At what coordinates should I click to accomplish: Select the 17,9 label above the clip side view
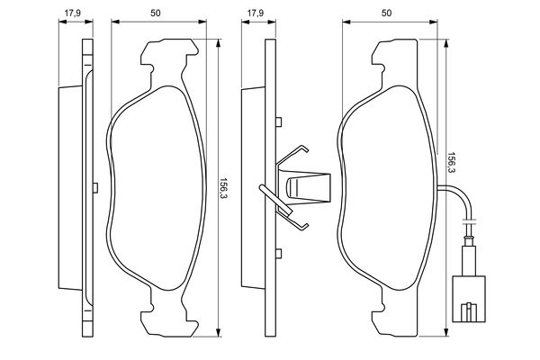pyautogui.click(x=255, y=13)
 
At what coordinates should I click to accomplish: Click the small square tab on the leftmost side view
pyautogui.click(x=94, y=186)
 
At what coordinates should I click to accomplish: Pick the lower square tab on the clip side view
pyautogui.click(x=279, y=252)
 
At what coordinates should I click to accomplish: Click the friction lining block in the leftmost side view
pyautogui.click(x=70, y=186)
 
